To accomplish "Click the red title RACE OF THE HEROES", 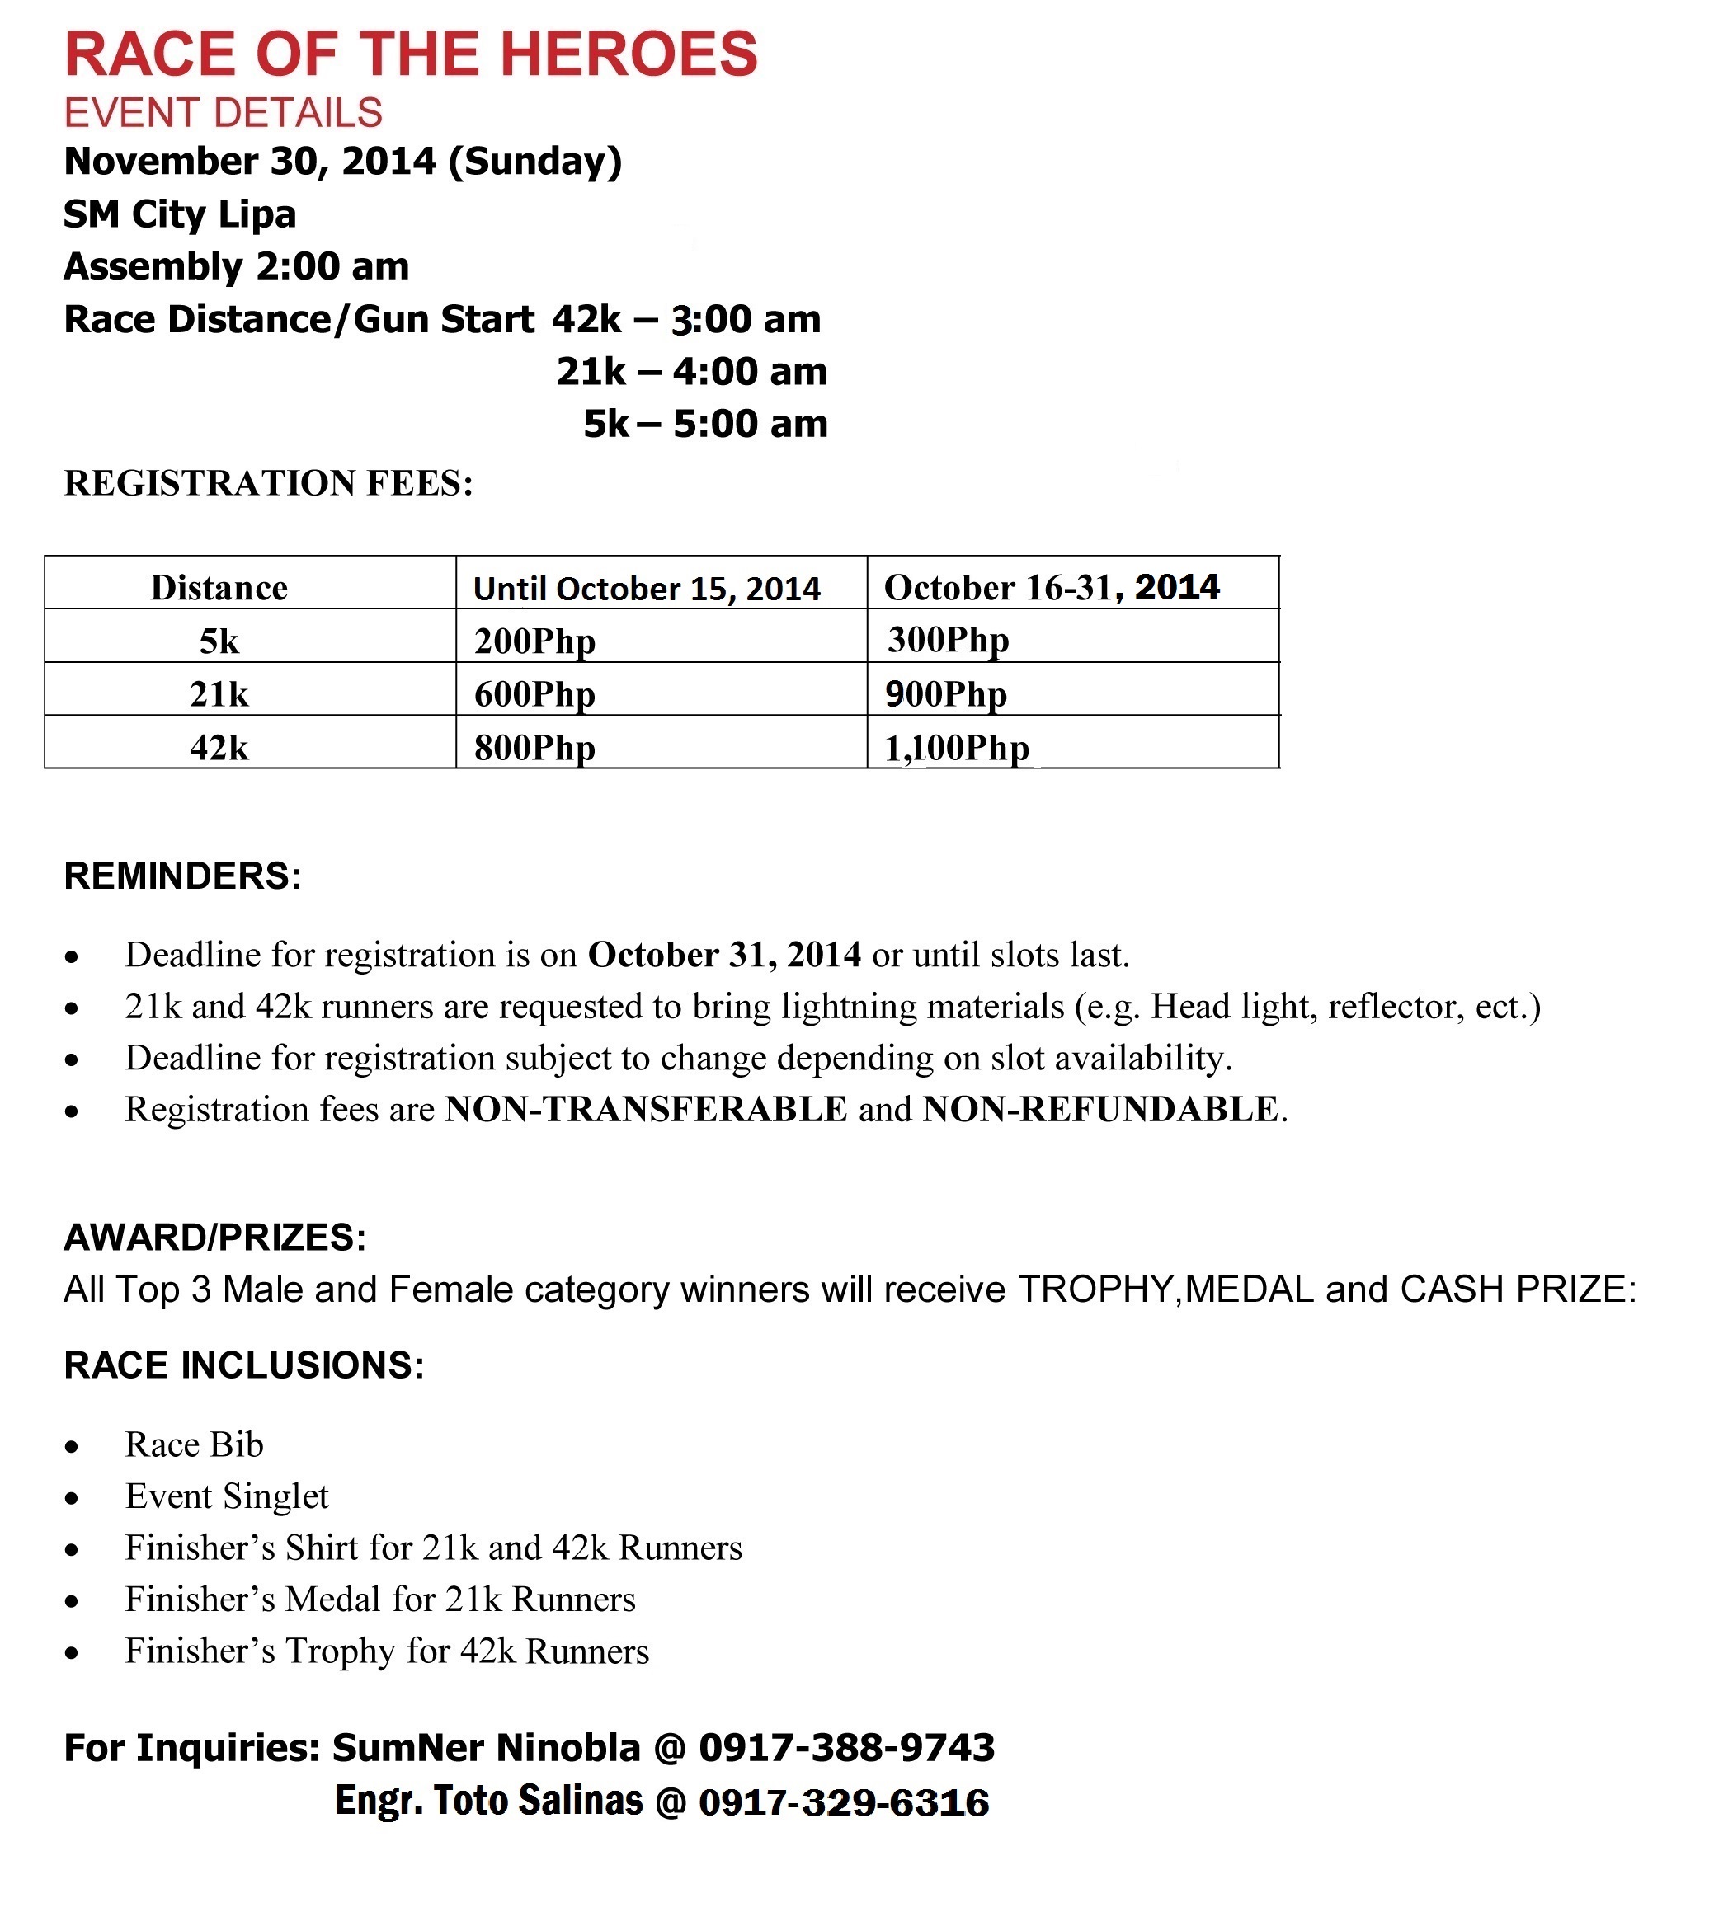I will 410,54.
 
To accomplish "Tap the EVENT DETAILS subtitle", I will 224,113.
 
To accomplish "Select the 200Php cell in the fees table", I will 534,641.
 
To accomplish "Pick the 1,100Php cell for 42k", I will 957,748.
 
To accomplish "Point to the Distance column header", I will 219,589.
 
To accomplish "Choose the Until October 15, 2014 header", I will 647,589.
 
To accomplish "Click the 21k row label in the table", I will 219,695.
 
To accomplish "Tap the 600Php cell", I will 534,695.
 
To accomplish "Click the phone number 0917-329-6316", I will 844,1802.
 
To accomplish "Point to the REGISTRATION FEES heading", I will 268,483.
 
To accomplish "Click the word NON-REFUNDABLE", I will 1100,1109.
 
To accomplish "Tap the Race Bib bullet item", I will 195,1444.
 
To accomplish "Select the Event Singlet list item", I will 227,1496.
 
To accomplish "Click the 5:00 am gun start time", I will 750,423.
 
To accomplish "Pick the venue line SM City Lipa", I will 180,214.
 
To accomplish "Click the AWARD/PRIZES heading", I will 214,1238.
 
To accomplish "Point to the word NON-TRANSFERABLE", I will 646,1109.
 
